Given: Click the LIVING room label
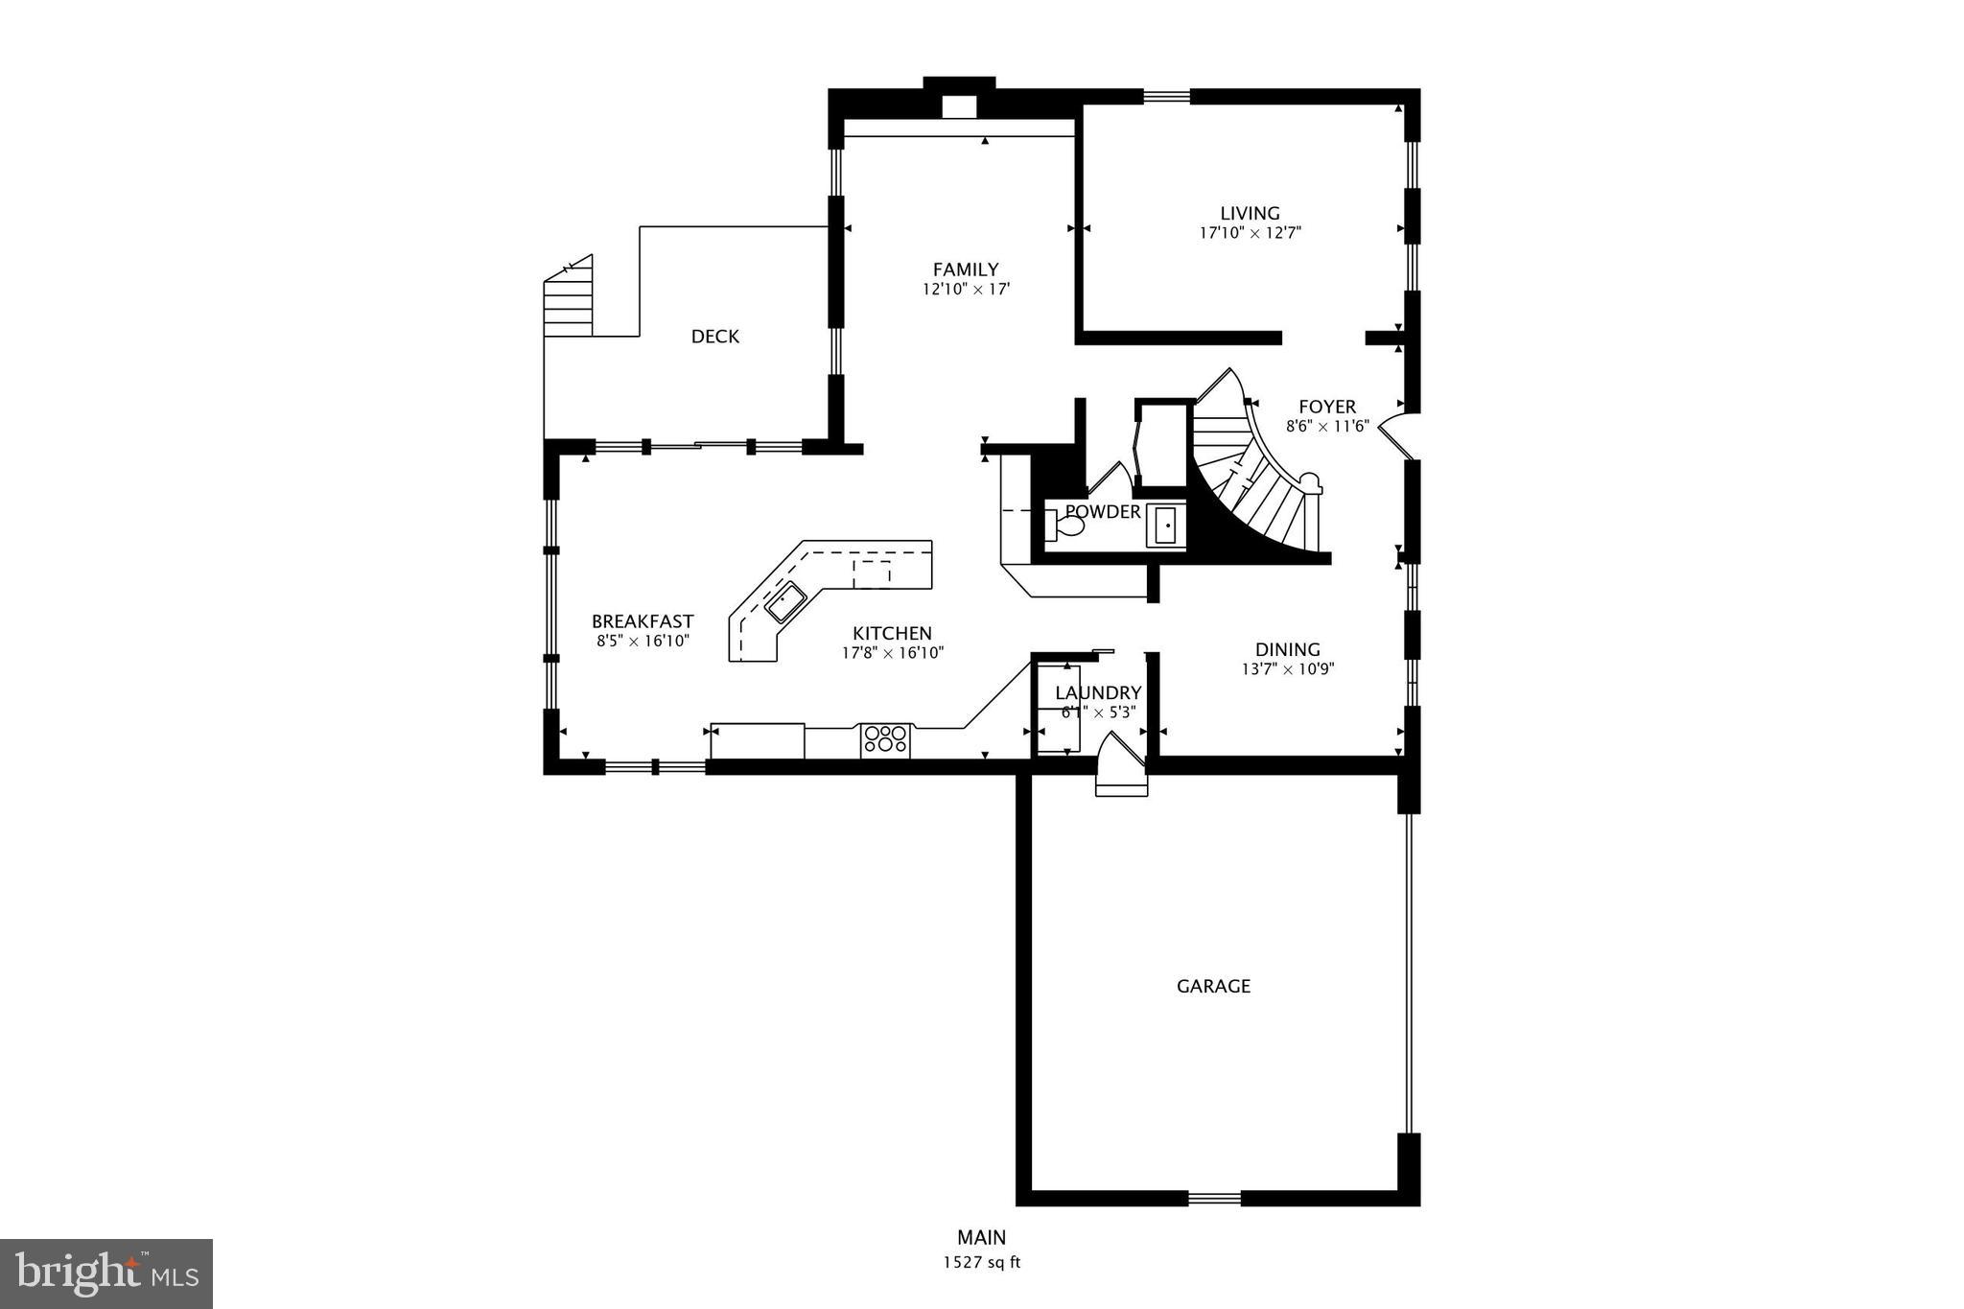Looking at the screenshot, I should coord(1249,213).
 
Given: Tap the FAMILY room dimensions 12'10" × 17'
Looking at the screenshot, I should coord(966,289).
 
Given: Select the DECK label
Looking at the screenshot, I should coord(715,336).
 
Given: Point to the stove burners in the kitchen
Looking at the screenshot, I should coord(885,737).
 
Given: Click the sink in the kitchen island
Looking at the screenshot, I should coord(784,601).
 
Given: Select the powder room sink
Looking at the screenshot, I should coord(1166,526).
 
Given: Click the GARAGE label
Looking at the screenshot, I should coord(1213,986).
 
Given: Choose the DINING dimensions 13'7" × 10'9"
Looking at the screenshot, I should coord(1288,669).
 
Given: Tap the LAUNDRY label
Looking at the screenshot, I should coord(1098,692).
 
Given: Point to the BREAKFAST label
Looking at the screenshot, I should coord(643,621).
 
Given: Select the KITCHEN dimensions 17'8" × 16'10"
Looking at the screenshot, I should coord(892,653).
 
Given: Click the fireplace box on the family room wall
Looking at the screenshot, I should coord(958,106).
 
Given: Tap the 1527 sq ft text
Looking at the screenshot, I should coord(981,1262).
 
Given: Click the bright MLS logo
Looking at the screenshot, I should coord(106,1274).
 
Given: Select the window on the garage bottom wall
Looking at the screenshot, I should coord(1214,1197).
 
